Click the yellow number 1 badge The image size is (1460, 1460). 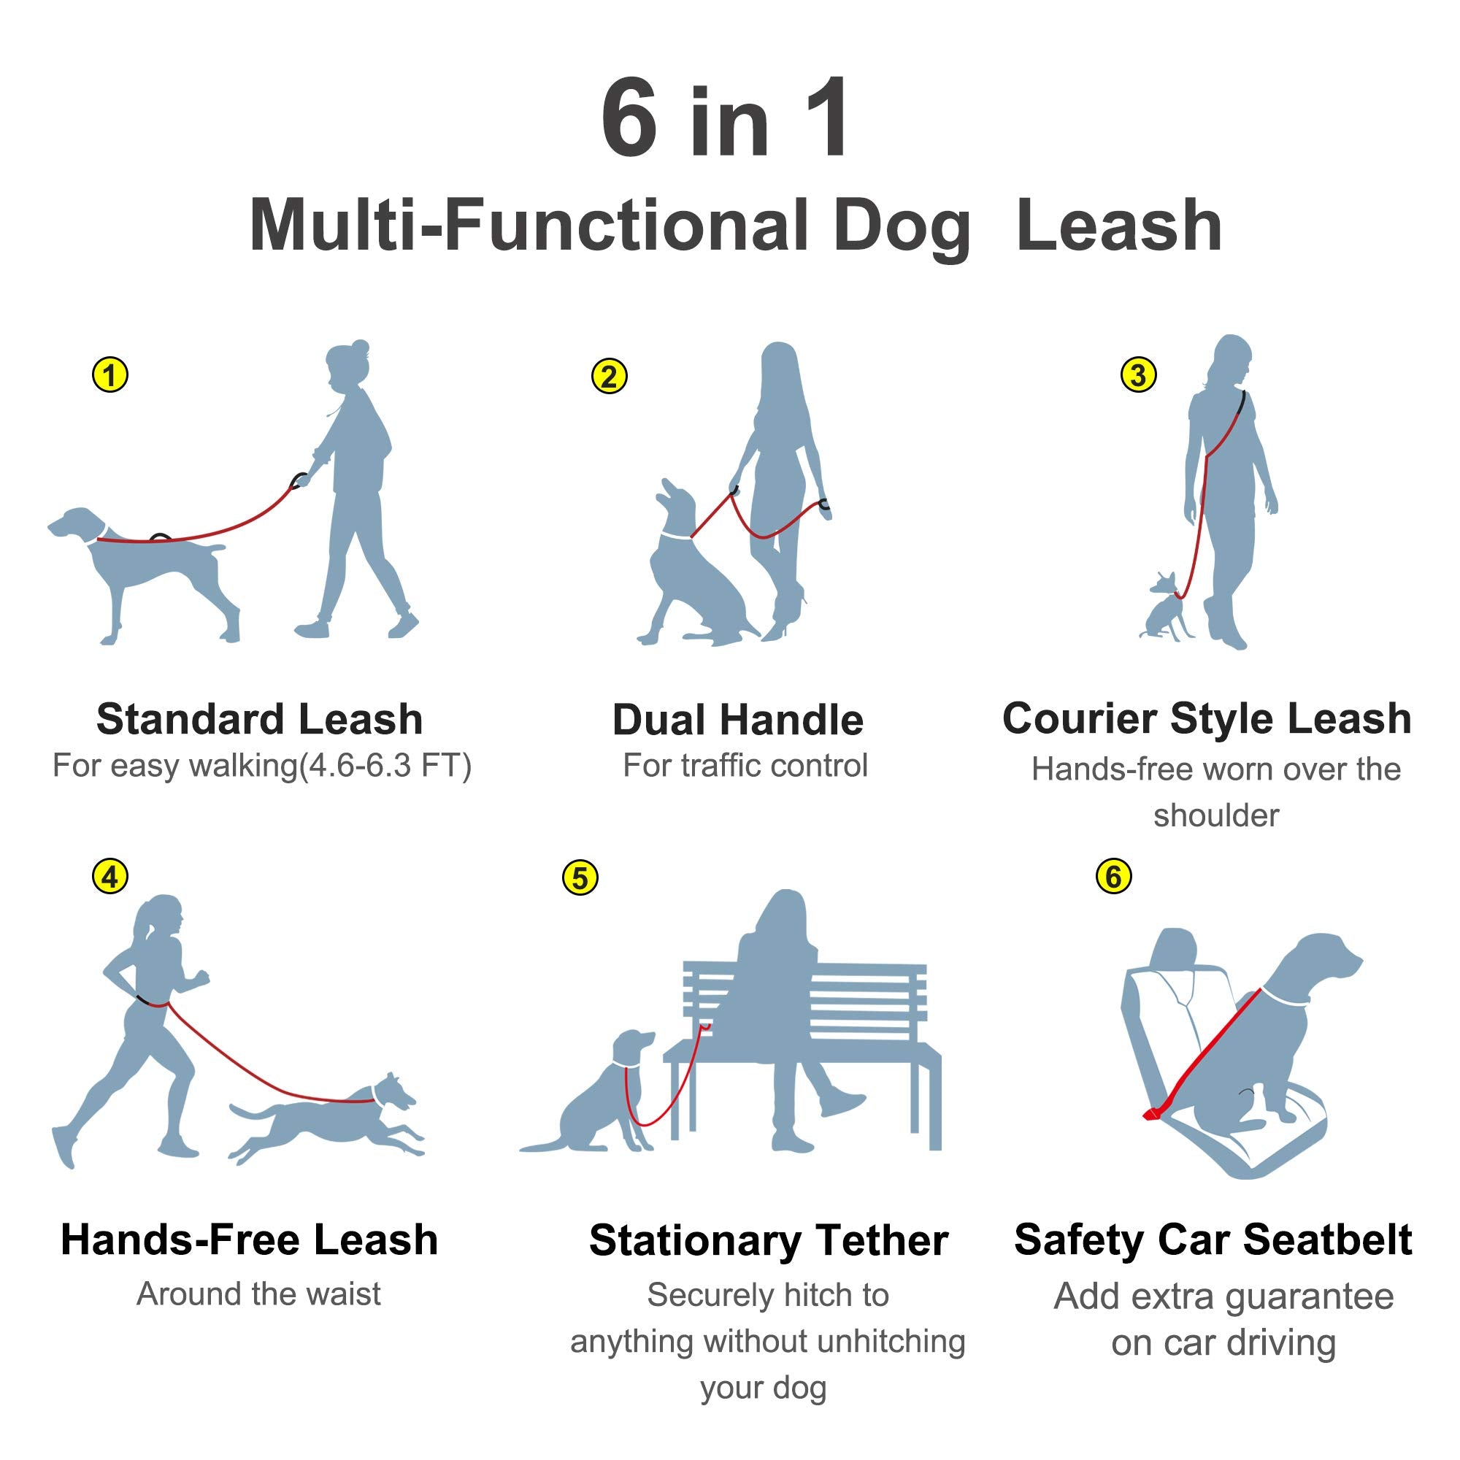click(110, 374)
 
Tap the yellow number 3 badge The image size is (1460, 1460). click(1138, 374)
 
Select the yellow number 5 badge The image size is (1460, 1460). click(580, 878)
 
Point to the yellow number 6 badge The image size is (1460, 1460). click(1113, 877)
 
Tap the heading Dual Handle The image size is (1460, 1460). click(737, 721)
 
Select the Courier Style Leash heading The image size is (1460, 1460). click(1206, 718)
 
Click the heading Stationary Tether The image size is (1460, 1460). click(769, 1240)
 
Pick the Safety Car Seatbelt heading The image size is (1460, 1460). click(1212, 1240)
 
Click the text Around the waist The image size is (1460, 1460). click(258, 1294)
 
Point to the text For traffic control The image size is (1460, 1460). click(745, 766)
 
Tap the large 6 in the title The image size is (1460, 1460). click(629, 119)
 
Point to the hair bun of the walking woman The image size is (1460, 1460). click(361, 348)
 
